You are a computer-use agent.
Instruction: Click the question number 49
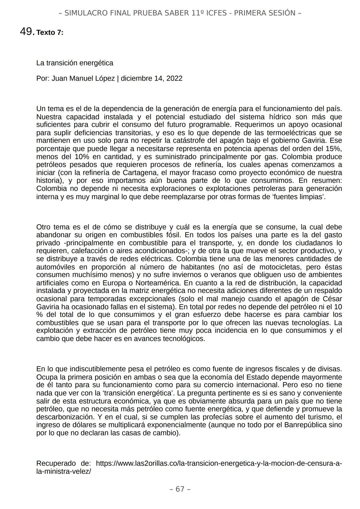pos(26,32)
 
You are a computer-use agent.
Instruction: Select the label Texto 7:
pos(50,33)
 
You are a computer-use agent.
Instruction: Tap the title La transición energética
pos(75,63)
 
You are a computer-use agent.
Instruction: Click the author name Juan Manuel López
pos(83,79)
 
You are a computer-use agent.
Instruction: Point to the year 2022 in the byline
pos(174,79)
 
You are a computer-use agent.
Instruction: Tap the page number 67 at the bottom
pos(180,489)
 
